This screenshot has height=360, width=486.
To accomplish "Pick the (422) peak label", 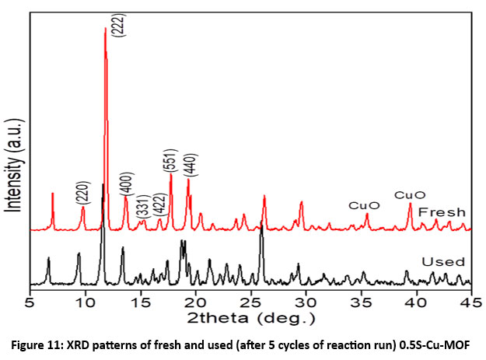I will (159, 205).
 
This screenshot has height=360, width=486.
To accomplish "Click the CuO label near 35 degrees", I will (364, 206).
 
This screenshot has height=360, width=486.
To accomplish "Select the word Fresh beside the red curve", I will (441, 211).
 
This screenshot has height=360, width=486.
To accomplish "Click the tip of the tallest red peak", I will (106, 29).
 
